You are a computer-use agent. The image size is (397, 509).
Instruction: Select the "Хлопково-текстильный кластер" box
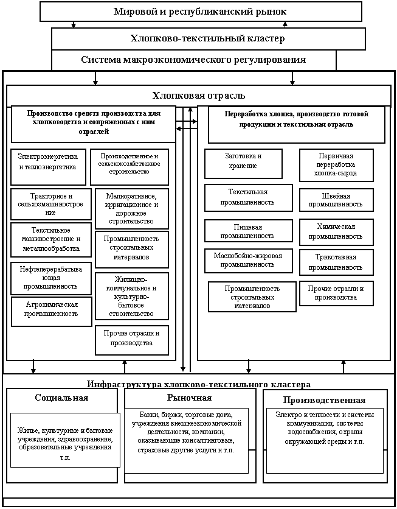[208, 39]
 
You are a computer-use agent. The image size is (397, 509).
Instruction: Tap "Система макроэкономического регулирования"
[193, 60]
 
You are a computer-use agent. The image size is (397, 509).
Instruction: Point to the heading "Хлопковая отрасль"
[198, 95]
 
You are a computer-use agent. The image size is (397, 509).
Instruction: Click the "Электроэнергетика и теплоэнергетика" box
[47, 161]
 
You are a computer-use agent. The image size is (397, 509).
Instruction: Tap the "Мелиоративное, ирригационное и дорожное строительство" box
[132, 209]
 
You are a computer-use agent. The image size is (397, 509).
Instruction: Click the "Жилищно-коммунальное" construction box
[132, 296]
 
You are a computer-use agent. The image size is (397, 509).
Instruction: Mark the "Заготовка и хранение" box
[243, 163]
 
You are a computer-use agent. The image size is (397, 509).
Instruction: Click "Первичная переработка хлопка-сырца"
[336, 165]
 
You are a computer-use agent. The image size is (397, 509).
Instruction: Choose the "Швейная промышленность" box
[336, 200]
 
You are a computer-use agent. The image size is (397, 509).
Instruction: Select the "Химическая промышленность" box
[336, 231]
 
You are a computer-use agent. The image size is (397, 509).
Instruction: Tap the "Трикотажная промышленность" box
[336, 262]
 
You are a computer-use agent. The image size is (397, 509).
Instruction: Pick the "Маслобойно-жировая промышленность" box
[244, 261]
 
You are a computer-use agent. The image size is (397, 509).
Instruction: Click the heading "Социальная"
[61, 398]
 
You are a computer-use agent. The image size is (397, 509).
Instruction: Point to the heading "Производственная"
[324, 400]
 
